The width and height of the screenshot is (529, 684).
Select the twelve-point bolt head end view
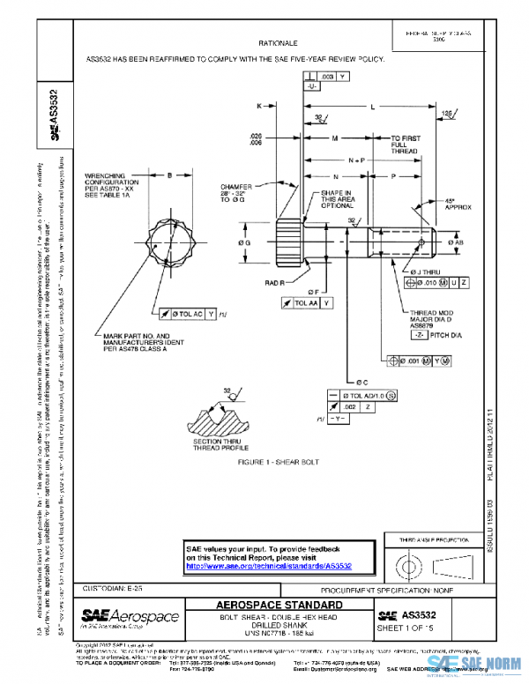pos(169,241)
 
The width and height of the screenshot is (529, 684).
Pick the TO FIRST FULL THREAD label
pos(406,145)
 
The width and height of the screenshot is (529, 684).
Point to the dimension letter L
pos(373,105)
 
